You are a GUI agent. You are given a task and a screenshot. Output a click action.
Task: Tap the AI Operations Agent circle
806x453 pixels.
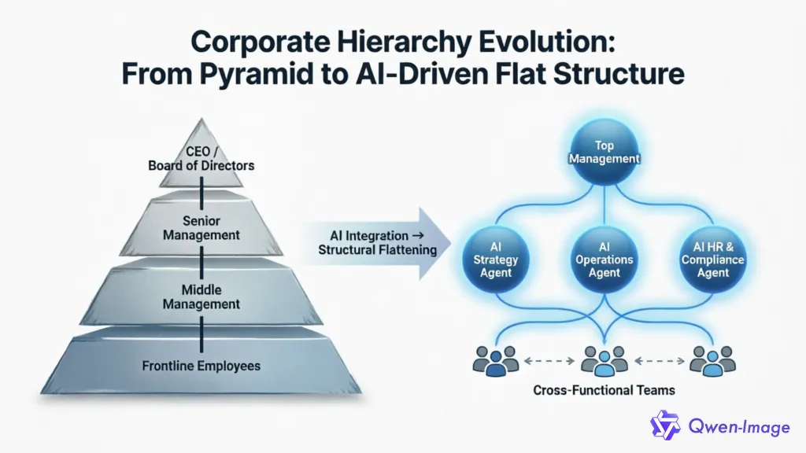604,259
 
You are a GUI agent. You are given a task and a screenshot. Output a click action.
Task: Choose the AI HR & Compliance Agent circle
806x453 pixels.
712,259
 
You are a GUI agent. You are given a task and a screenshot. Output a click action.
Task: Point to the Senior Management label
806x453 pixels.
201,227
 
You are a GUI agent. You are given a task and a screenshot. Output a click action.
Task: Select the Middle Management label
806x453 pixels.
201,296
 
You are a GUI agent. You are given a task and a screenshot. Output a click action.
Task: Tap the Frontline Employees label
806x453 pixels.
201,365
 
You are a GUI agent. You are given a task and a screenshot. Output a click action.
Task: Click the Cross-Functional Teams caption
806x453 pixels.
604,389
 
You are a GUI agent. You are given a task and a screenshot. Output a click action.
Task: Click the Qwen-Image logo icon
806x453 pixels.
665,425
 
